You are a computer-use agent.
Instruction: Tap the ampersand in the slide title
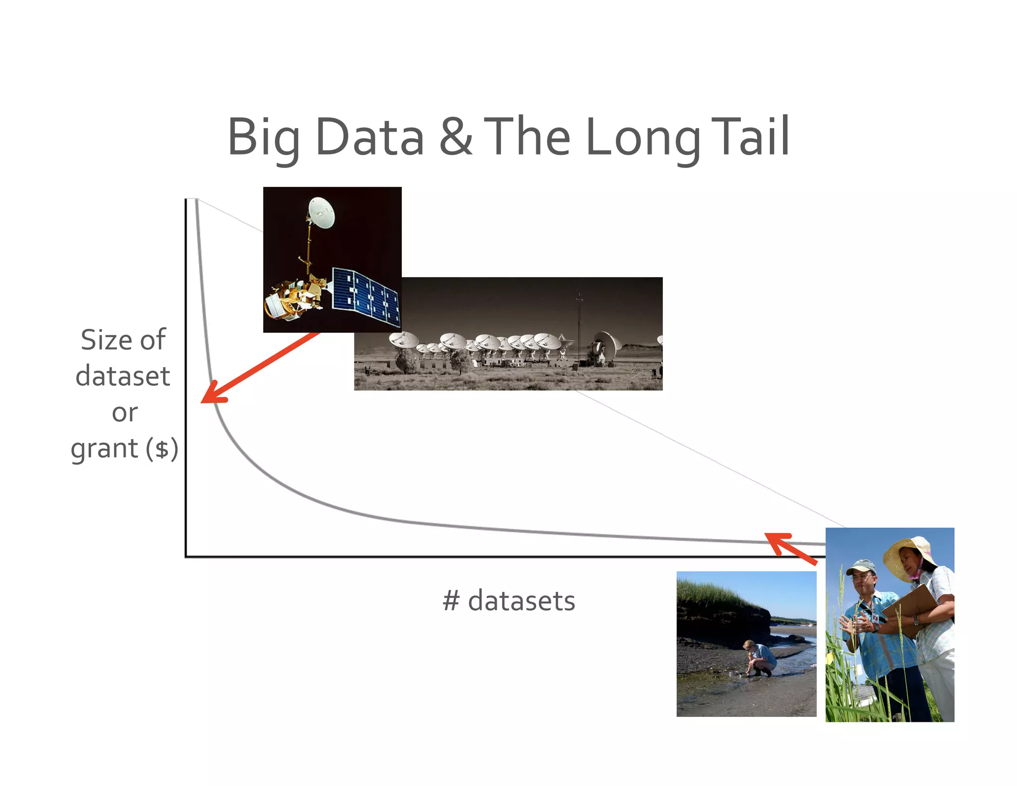click(455, 137)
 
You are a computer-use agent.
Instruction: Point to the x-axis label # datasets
click(508, 601)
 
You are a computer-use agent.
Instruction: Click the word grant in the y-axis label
click(104, 449)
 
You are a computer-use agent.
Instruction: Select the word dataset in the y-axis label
click(123, 376)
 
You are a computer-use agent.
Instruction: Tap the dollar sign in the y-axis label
click(162, 449)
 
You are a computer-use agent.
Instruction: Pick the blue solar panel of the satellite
click(366, 297)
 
